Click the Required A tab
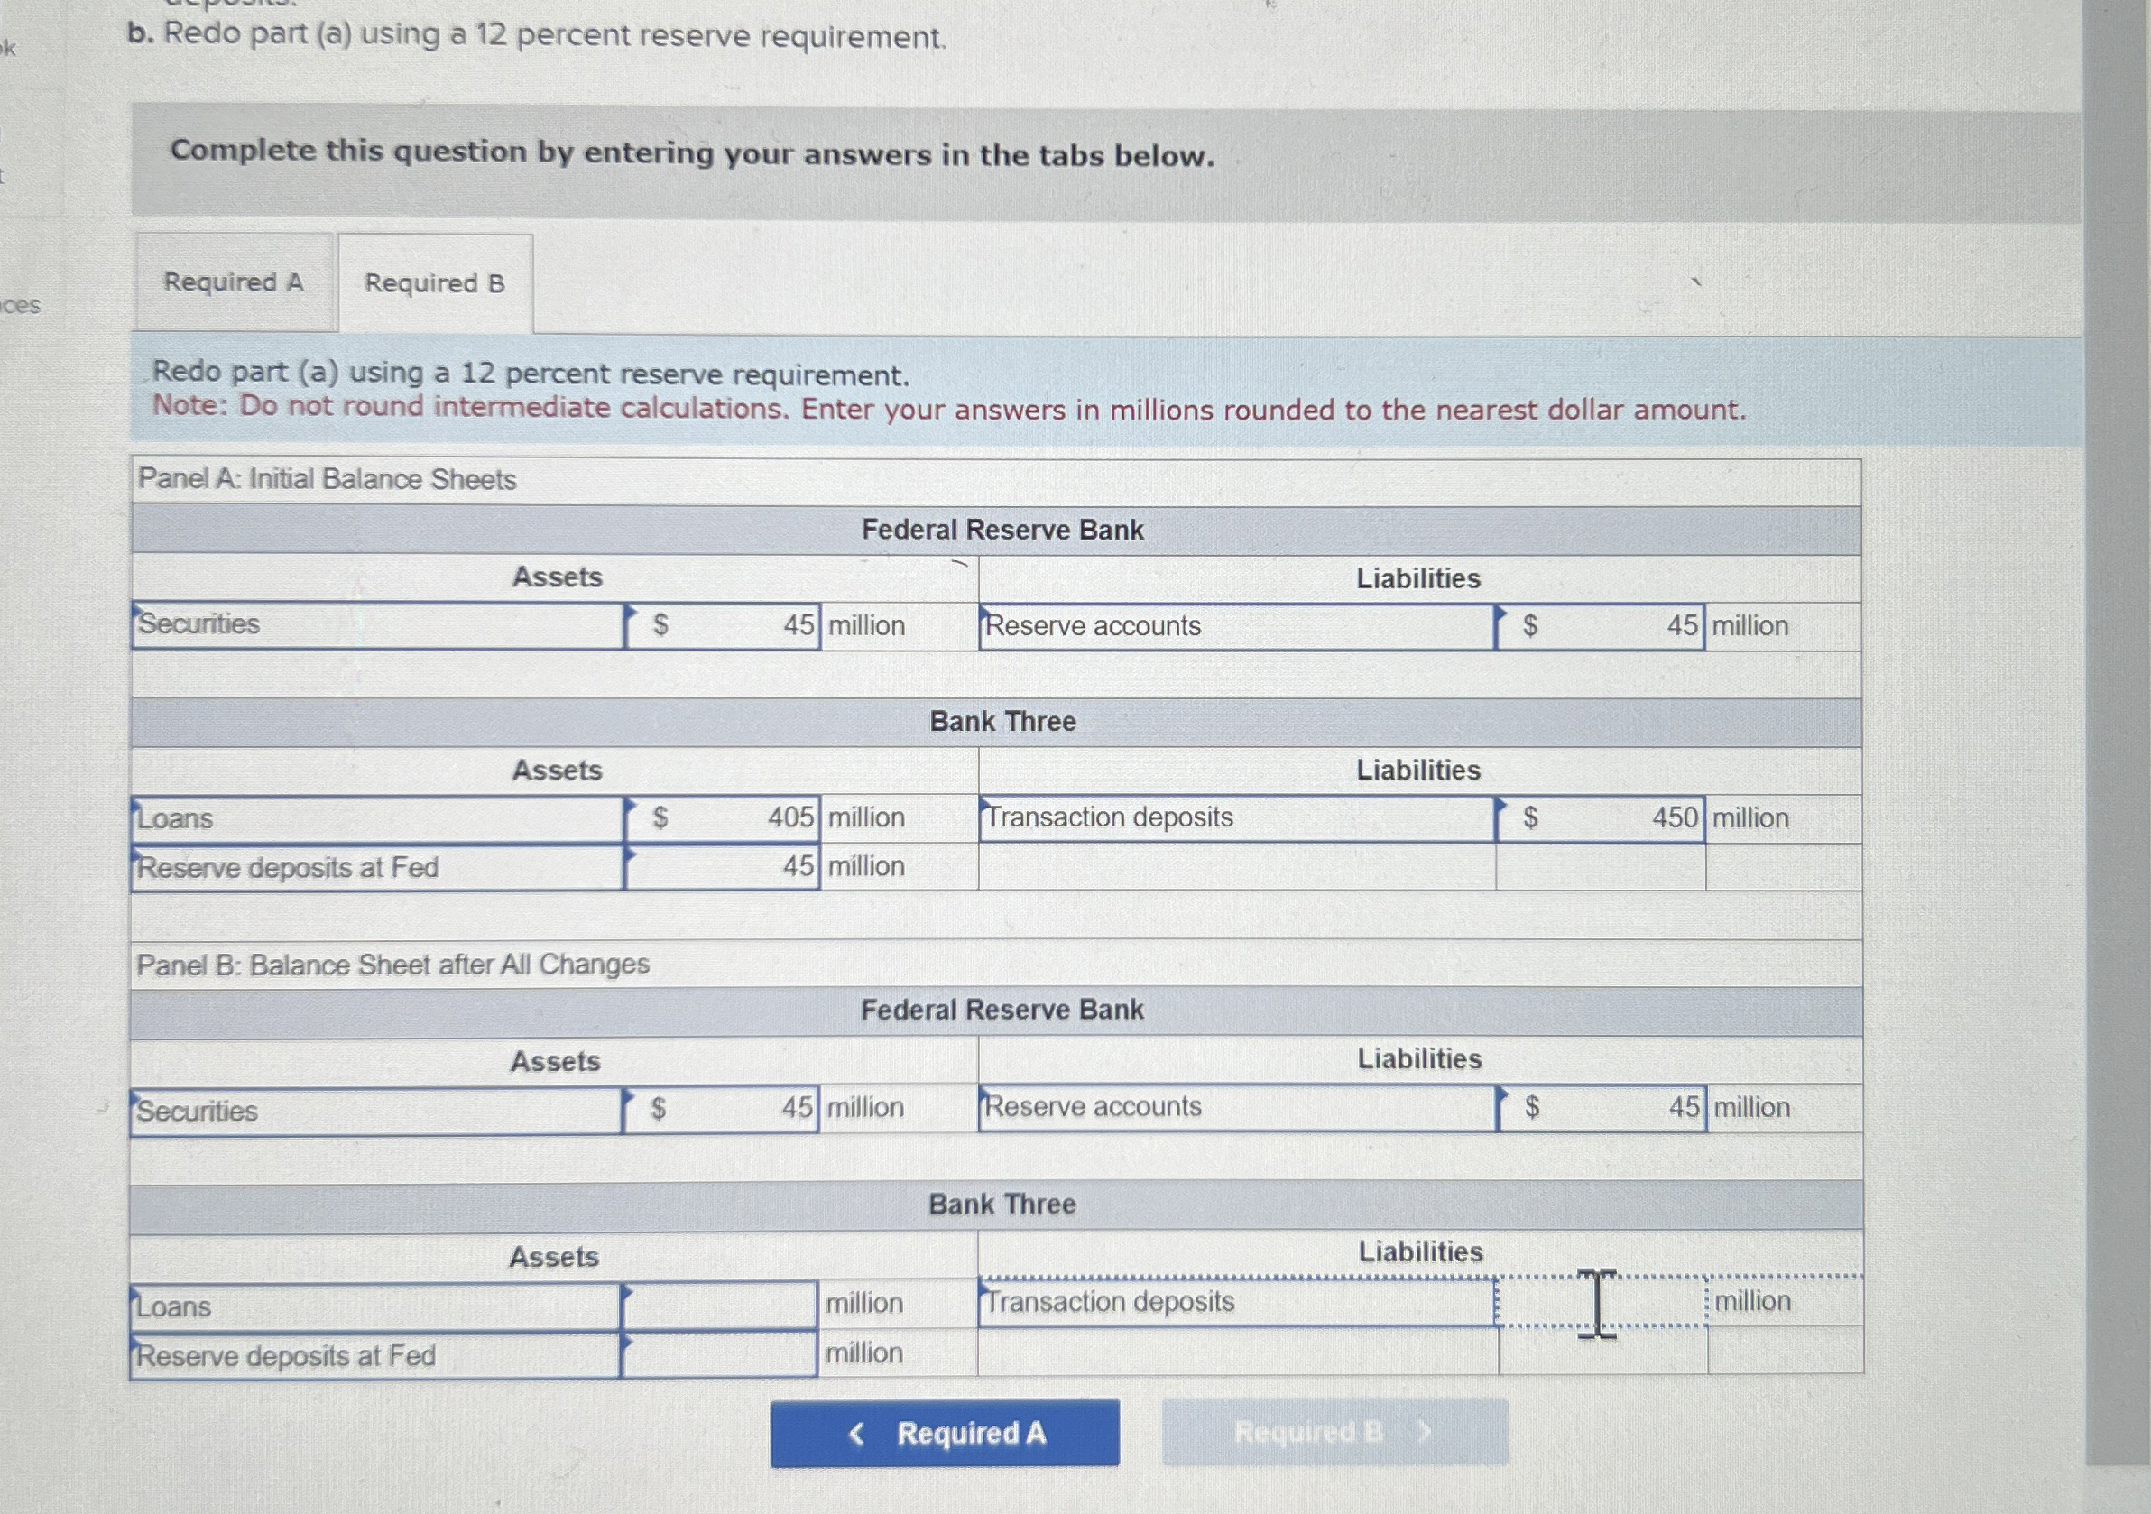[x=234, y=282]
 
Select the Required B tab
[x=435, y=283]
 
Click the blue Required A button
[x=945, y=1433]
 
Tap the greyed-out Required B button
[x=1334, y=1432]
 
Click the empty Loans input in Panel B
[x=718, y=1304]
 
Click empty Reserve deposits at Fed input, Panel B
[x=718, y=1353]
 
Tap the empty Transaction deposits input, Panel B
[x=1600, y=1301]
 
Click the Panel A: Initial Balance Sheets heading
[x=327, y=480]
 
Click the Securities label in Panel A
[x=198, y=624]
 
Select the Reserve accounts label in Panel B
[x=1093, y=1106]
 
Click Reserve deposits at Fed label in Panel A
[x=288, y=868]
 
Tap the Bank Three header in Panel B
[x=1002, y=1204]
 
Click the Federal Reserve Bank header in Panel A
[x=1002, y=531]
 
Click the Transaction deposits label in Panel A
[x=1109, y=817]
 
